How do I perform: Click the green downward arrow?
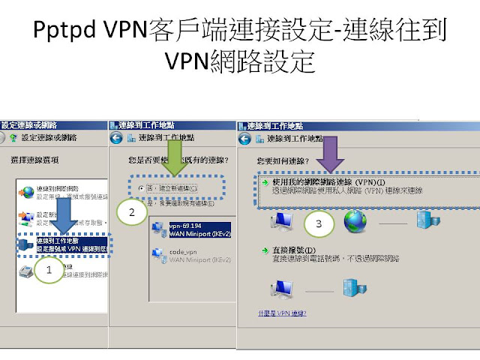click(175, 157)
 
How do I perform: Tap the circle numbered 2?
click(132, 212)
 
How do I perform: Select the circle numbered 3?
click(319, 223)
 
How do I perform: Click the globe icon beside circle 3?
click(356, 221)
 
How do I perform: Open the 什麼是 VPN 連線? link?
click(281, 313)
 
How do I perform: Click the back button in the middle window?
click(115, 138)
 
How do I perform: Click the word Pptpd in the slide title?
click(65, 34)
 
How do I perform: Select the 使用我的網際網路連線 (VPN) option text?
click(322, 181)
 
